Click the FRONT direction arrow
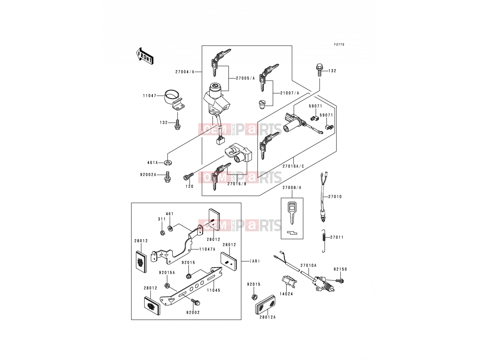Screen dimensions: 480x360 pyautogui.click(x=145, y=56)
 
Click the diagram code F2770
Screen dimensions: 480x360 pyautogui.click(x=339, y=45)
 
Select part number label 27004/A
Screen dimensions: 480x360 pyautogui.click(x=185, y=72)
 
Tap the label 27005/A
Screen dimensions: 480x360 pyautogui.click(x=245, y=78)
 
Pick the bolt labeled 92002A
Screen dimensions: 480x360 pyautogui.click(x=167, y=177)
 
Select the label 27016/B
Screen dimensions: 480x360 pyautogui.click(x=237, y=184)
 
